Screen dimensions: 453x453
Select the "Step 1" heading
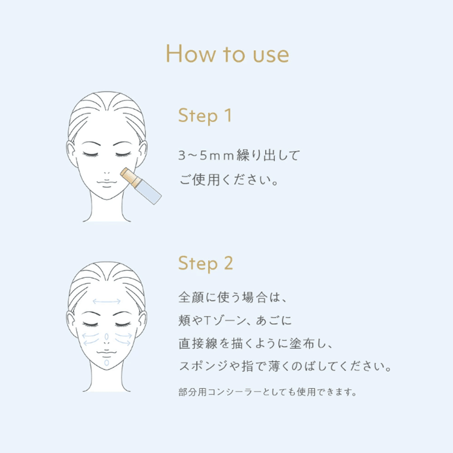tap(205, 115)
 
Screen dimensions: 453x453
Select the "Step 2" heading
tap(205, 263)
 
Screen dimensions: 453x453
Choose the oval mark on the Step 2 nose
tap(106, 336)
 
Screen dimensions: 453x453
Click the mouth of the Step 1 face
tap(107, 180)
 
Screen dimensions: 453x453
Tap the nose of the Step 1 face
tap(107, 167)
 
